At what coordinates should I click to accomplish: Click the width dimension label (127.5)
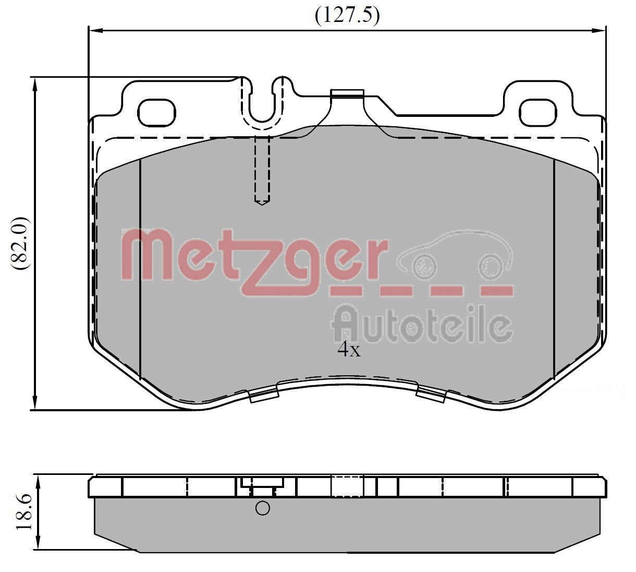pos(347,16)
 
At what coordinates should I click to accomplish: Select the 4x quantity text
pos(349,350)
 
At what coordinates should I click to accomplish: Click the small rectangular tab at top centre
pos(347,94)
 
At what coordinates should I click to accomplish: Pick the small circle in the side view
pos(263,508)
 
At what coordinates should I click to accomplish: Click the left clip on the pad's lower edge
pos(263,395)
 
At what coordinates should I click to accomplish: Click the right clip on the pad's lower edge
pos(431,395)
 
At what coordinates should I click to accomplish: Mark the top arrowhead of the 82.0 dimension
pos(34,84)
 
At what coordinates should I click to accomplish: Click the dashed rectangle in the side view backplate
pos(347,486)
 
